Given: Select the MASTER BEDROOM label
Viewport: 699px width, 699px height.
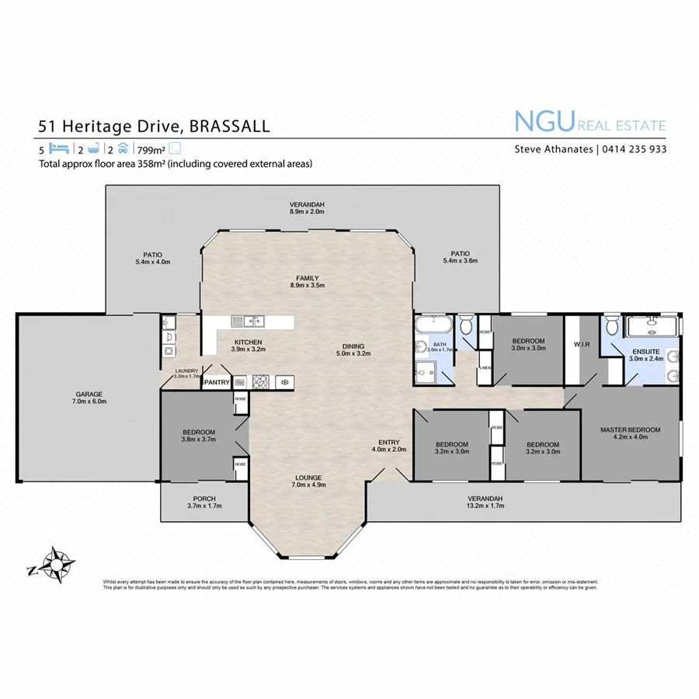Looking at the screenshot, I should (x=630, y=429).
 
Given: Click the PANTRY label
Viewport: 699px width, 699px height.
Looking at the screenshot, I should (x=216, y=382).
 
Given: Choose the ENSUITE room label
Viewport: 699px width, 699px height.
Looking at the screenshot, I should (x=645, y=351).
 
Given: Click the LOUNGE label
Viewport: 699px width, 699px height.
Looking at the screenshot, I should (x=308, y=478).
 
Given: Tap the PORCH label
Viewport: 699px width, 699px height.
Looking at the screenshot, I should (x=203, y=499).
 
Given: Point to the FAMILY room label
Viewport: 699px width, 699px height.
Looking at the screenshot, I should (x=307, y=278).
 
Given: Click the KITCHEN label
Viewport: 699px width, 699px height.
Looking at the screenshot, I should (x=249, y=343).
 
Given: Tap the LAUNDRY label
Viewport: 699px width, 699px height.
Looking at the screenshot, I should (x=187, y=370).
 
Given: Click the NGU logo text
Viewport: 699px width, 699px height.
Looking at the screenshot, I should (x=543, y=122).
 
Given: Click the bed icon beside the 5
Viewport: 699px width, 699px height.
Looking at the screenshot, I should (x=60, y=149).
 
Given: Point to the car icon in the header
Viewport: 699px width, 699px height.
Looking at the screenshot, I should (x=123, y=149).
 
